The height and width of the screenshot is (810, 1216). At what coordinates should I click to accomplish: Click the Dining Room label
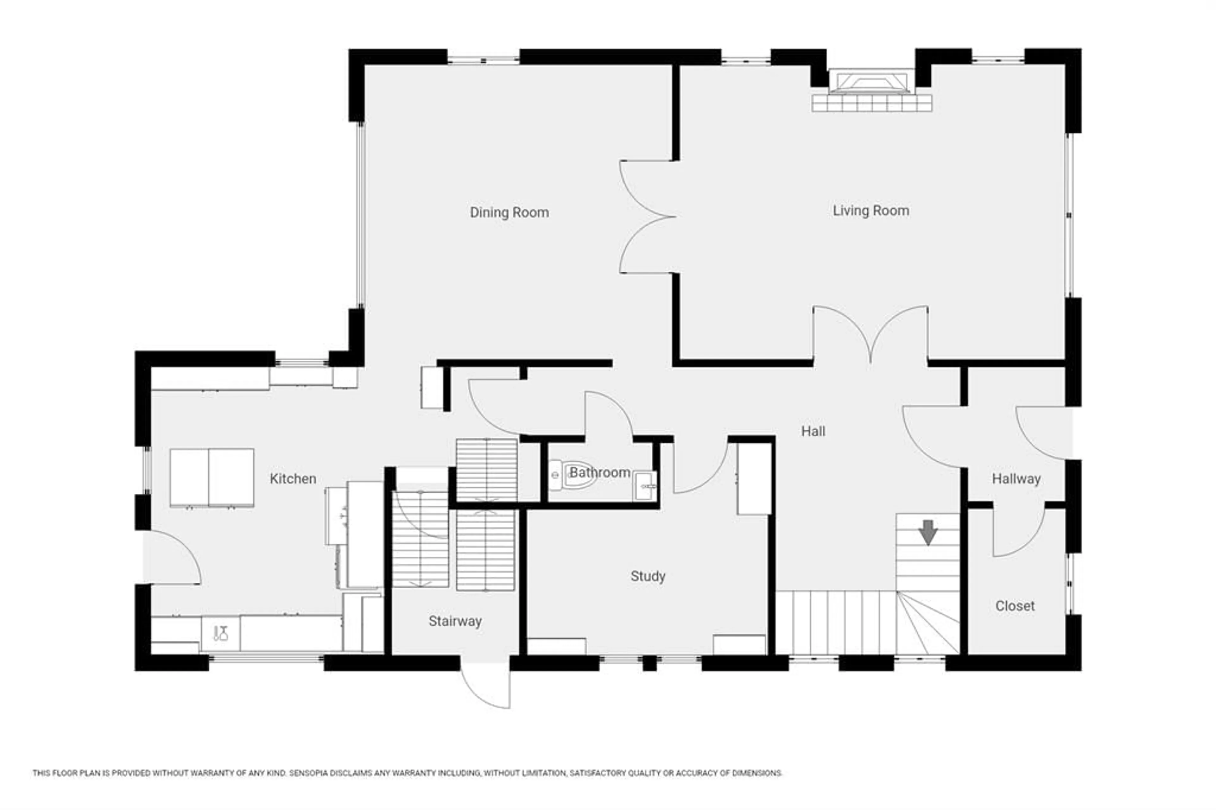[x=509, y=212]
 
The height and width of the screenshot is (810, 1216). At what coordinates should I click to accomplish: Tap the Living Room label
[x=871, y=211]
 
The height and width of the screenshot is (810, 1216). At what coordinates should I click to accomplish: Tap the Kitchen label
[x=293, y=479]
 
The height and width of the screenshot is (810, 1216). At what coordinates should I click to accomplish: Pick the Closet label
[x=1015, y=606]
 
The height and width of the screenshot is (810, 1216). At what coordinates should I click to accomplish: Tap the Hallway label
[x=1016, y=479]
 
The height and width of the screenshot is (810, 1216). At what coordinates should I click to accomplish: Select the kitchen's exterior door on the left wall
[x=173, y=558]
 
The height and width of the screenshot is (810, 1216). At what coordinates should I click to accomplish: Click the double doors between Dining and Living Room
[x=646, y=217]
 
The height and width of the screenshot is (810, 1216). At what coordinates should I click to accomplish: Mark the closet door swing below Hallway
[x=1018, y=532]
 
